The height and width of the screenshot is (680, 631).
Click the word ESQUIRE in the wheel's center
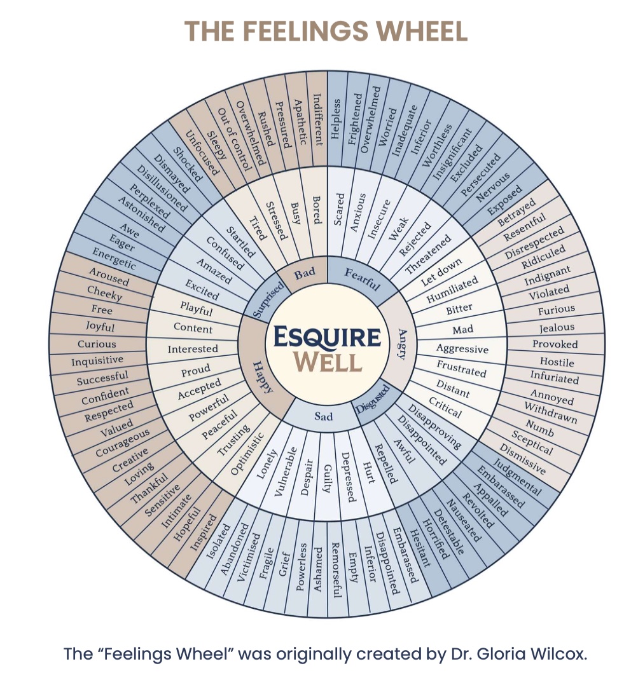click(327, 337)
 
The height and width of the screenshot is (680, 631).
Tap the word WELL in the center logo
click(328, 362)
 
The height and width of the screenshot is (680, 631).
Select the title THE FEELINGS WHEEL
click(326, 30)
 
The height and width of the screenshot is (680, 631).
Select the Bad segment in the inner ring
click(304, 273)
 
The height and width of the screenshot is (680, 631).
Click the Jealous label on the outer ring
click(557, 328)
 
